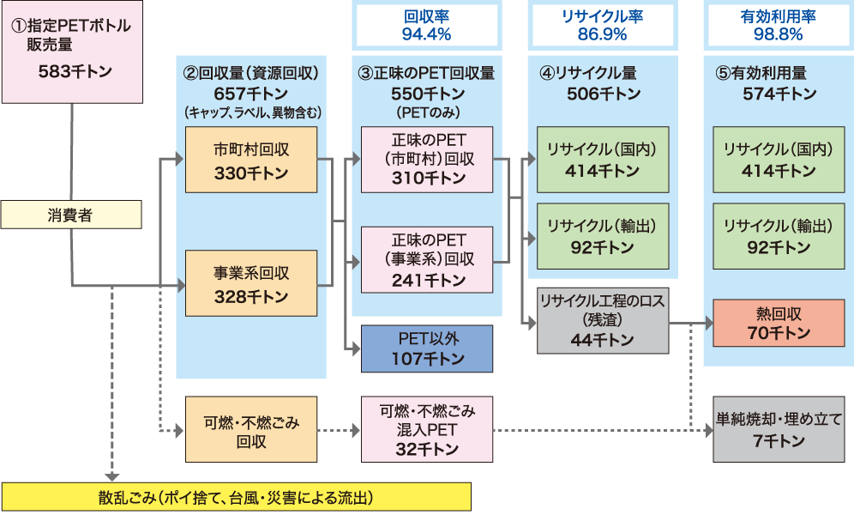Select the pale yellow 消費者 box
coord(70,215)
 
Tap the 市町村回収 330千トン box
coord(251,161)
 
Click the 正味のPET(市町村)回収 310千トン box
coord(427,160)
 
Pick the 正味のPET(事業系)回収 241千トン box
coord(427,258)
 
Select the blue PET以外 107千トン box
coord(427,348)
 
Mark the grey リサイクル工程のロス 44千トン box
coord(603,320)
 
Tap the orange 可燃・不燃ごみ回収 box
coord(251,427)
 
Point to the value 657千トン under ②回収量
coord(251,94)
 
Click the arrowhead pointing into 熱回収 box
coord(707,324)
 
